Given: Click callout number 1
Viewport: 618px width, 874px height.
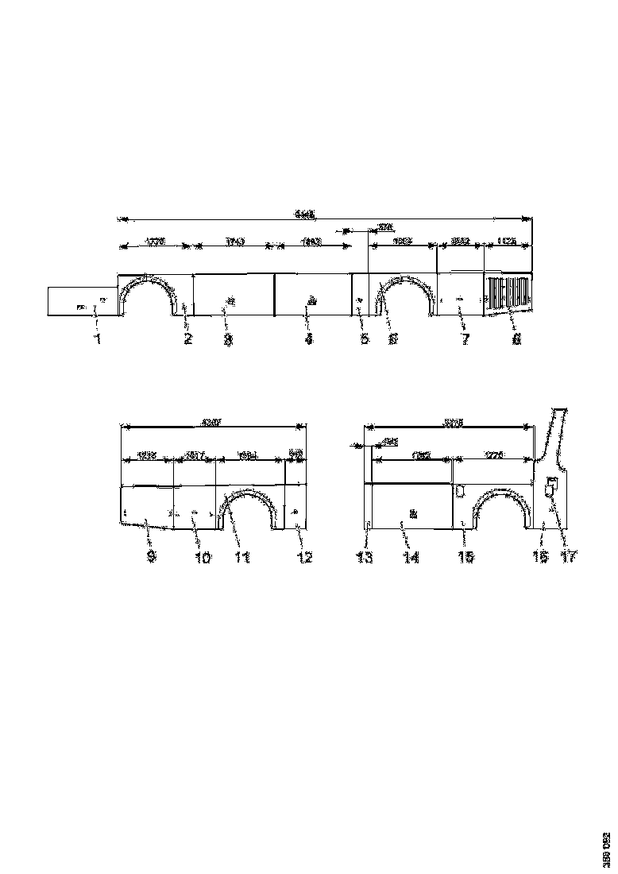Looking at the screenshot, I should click(x=98, y=339).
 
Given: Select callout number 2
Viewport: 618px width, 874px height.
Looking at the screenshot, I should click(x=188, y=339).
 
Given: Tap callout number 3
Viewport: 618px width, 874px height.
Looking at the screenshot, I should click(x=227, y=339).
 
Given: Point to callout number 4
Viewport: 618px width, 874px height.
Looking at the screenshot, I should click(x=309, y=339).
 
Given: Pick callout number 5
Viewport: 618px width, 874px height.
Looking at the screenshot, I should click(x=365, y=339).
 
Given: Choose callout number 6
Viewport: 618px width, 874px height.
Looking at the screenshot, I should click(x=392, y=339).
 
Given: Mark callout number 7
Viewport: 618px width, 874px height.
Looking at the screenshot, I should click(x=465, y=339).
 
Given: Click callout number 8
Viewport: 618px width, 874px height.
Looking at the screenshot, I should click(x=516, y=339).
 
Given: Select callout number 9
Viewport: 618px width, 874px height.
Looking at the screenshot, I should click(x=151, y=558).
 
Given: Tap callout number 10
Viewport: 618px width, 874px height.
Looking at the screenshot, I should click(x=203, y=558).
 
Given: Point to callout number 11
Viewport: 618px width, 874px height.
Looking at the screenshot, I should click(x=242, y=558).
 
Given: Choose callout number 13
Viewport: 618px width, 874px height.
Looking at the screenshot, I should click(x=365, y=558).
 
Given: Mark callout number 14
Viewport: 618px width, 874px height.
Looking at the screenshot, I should click(x=410, y=558).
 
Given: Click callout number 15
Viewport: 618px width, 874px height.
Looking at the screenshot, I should click(x=466, y=558).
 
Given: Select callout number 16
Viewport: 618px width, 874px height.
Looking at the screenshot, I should click(x=540, y=558).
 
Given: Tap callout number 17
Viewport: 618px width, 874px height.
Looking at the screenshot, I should click(x=569, y=558).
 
